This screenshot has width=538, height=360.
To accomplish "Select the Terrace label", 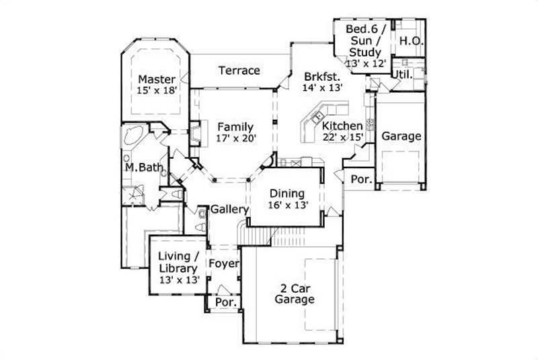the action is pos(239,70).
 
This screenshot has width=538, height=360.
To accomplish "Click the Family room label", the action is pos(235,127).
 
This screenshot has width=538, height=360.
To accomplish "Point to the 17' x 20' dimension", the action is pos(235,139).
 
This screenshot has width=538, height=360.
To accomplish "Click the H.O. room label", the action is pos(410,41).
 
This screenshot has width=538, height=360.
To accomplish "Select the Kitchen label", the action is pos(342,126).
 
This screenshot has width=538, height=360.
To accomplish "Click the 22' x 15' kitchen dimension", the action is pos(343,137).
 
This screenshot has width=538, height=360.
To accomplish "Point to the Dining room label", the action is pos(287,194).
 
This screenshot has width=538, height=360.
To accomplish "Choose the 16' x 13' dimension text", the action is pos(287,206).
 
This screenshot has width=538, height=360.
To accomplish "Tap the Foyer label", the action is pos(223,263).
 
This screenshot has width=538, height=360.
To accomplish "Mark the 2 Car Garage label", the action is pos(294,294).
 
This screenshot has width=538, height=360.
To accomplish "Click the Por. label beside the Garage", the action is pos(361,179).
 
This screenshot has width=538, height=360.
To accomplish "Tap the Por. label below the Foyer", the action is pos(224,303).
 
